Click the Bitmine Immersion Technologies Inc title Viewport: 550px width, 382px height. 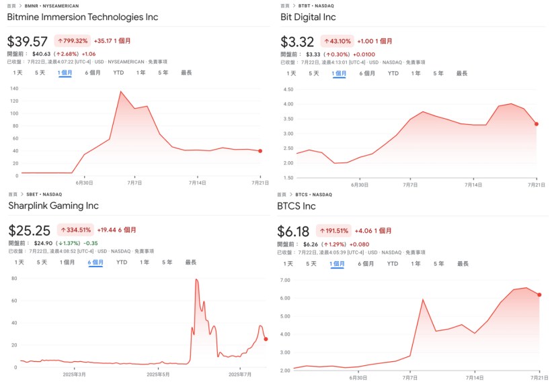point(83,17)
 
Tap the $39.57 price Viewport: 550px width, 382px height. point(28,42)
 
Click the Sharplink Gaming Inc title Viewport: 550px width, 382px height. point(54,205)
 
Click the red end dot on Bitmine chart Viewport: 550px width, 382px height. point(260,150)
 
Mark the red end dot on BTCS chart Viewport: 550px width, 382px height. point(539,295)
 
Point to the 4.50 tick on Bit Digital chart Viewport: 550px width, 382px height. point(288,89)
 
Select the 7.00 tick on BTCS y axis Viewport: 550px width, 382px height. point(284,280)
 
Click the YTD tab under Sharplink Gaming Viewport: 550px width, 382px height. point(121,262)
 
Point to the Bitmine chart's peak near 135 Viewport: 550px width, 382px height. point(120,91)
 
